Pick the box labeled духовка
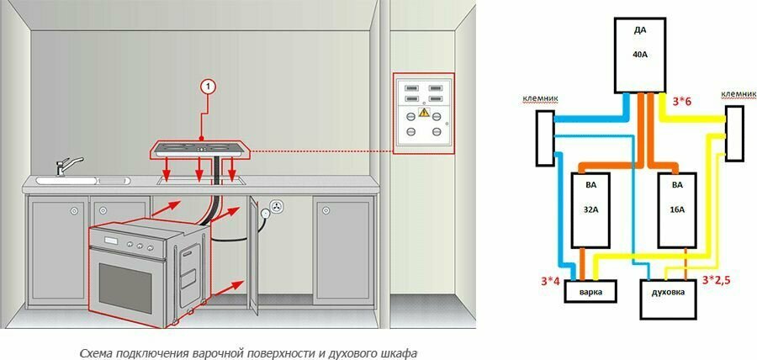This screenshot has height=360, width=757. pyautogui.click(x=668, y=298)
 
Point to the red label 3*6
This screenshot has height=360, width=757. pyautogui.click(x=684, y=101)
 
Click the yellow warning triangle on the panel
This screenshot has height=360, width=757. pyautogui.click(x=424, y=112)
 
